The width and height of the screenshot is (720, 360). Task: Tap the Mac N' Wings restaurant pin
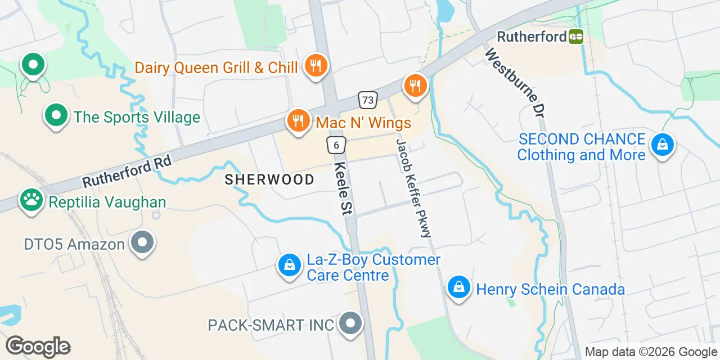(298, 120)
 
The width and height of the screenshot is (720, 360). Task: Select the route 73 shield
(367, 100)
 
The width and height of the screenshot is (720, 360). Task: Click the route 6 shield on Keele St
(336, 145)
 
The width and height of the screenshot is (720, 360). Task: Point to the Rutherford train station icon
(576, 37)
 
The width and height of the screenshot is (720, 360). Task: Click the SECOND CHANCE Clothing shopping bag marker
(662, 145)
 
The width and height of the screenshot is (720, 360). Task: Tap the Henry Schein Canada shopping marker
(459, 287)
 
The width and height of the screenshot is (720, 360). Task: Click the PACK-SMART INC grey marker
(351, 323)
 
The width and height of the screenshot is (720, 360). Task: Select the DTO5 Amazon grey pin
(142, 242)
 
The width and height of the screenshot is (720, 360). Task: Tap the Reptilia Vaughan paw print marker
(31, 199)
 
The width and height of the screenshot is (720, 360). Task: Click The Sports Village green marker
(56, 115)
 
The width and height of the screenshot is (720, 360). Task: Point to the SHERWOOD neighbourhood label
(269, 179)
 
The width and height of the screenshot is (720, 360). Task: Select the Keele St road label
(343, 188)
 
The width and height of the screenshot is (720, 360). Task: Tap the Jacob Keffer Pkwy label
(414, 187)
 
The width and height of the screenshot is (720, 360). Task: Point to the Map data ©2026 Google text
(651, 352)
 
